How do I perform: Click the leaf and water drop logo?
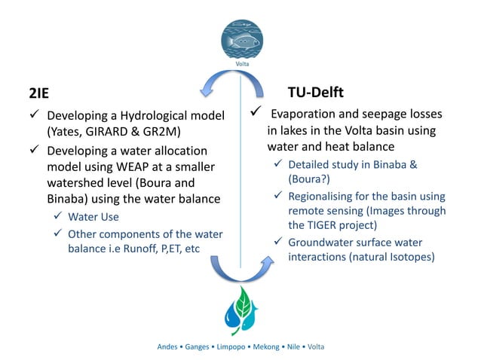click(240, 310)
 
